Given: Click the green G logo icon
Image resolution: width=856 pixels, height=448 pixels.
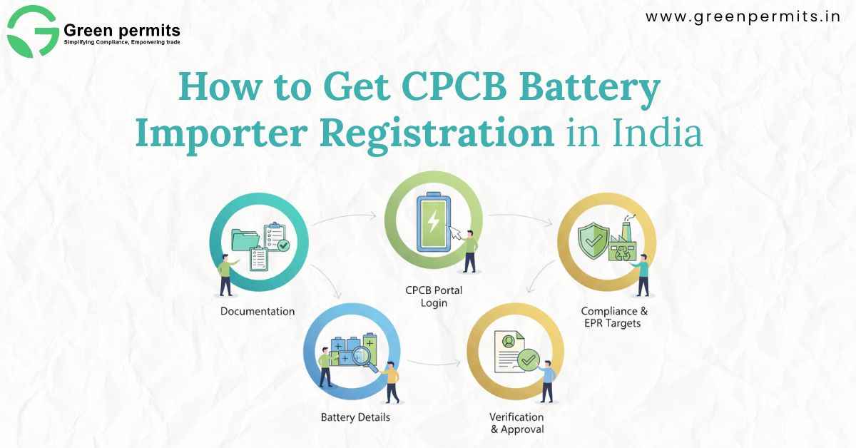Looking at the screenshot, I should click(x=33, y=31).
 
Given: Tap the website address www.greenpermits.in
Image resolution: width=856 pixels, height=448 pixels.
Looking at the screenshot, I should click(x=743, y=18).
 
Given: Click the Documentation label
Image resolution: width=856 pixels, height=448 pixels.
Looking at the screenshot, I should click(x=258, y=311).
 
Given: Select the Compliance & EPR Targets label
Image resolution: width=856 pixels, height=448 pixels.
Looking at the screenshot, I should click(x=614, y=317).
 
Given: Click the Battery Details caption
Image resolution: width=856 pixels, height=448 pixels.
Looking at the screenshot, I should click(x=355, y=417).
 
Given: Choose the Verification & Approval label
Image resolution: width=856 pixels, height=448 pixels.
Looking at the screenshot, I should click(x=516, y=422).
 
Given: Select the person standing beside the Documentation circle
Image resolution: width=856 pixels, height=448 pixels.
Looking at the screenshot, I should click(x=227, y=275).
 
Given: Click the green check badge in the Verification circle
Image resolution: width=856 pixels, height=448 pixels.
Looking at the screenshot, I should click(x=529, y=359).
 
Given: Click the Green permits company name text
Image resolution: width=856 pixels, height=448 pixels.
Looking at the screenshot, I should click(x=122, y=31).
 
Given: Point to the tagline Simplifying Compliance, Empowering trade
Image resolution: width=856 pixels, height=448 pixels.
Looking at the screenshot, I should click(x=122, y=43).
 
